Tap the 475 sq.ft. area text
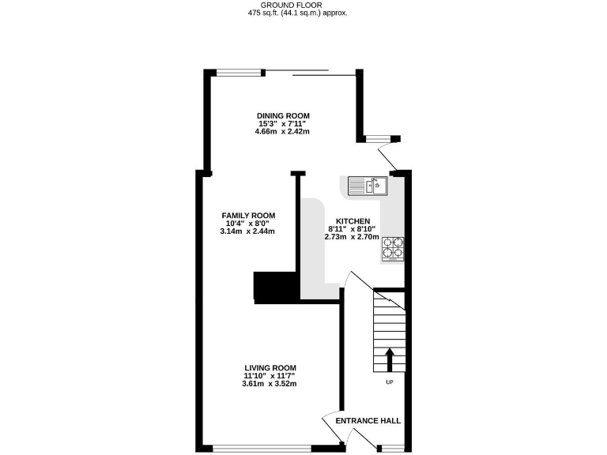297,13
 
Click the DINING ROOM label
282,116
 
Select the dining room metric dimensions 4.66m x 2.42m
282,132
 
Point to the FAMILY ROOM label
248,216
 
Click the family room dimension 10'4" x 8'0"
248,224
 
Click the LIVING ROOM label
270,368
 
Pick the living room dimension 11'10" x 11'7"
270,376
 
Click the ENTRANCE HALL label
368,421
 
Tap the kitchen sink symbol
367,186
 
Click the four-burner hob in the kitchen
394,250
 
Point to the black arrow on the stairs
389,359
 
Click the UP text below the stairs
389,382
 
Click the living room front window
262,449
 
